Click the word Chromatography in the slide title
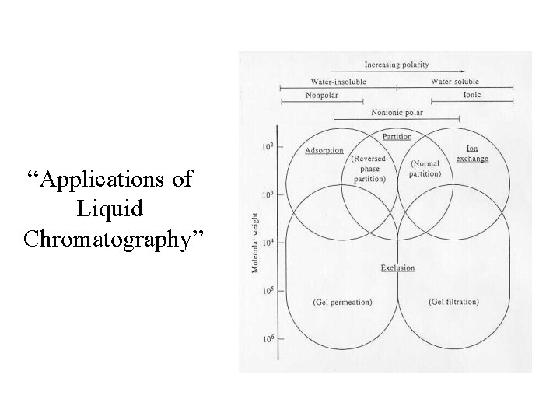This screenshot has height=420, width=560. click(114, 238)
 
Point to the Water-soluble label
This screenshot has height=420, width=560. click(454, 81)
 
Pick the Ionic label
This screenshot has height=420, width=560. click(472, 95)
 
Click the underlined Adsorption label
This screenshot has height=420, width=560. click(324, 150)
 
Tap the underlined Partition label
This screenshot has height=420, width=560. click(397, 137)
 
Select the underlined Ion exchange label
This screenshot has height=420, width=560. click(472, 153)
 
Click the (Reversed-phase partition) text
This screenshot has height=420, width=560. click(368, 169)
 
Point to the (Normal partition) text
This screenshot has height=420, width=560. click(424, 169)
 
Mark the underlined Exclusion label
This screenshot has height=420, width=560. click(397, 268)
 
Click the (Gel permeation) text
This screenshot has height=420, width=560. click(342, 302)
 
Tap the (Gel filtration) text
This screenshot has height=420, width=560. click(453, 302)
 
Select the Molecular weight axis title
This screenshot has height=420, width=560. click(255, 243)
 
